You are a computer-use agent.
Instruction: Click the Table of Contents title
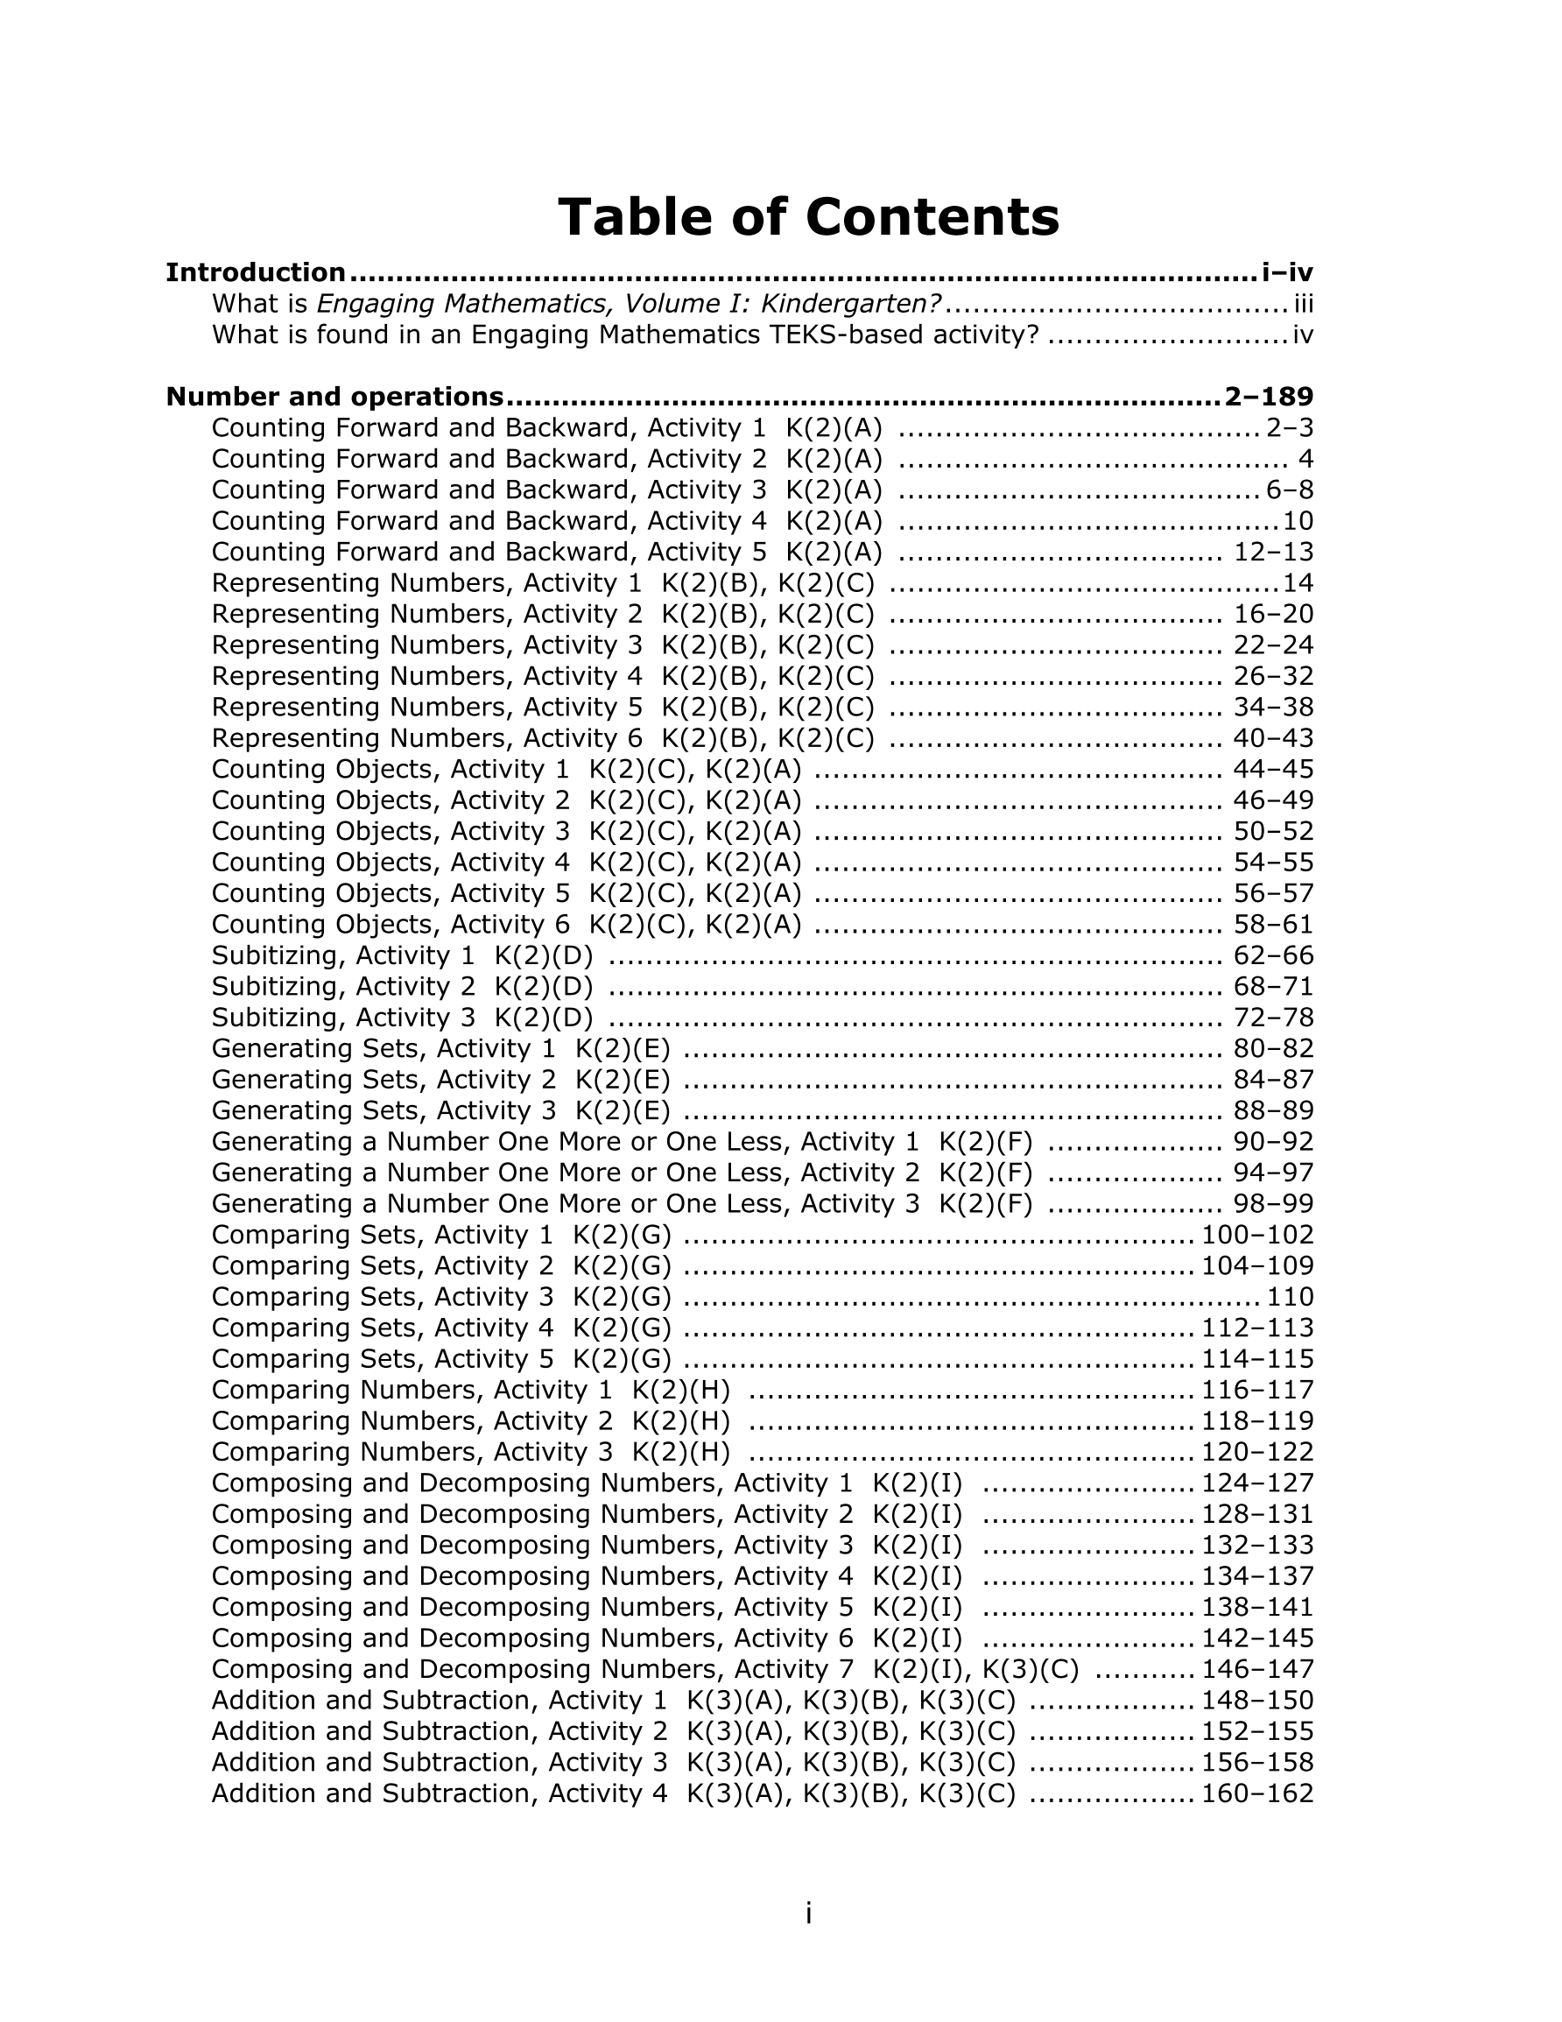[807, 217]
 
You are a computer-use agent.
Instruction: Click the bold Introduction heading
[256, 273]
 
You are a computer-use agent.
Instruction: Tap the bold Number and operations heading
[334, 398]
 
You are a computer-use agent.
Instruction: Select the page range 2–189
[1268, 398]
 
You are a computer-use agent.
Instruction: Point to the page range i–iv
[1287, 273]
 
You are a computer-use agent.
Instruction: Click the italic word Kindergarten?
[856, 304]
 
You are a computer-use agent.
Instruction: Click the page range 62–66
[1273, 955]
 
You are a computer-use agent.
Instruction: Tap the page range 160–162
[1257, 1793]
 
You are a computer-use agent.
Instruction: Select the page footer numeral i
[808, 1913]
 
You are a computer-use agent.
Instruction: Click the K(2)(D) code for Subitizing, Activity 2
[544, 987]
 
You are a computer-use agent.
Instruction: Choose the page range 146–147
[1257, 1669]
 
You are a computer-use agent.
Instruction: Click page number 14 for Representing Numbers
[1298, 583]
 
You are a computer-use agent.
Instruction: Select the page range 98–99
[1273, 1203]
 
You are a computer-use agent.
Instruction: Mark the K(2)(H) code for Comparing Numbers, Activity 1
[680, 1390]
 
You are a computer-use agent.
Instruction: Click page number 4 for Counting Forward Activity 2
[1305, 459]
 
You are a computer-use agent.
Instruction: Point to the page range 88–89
[1273, 1111]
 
